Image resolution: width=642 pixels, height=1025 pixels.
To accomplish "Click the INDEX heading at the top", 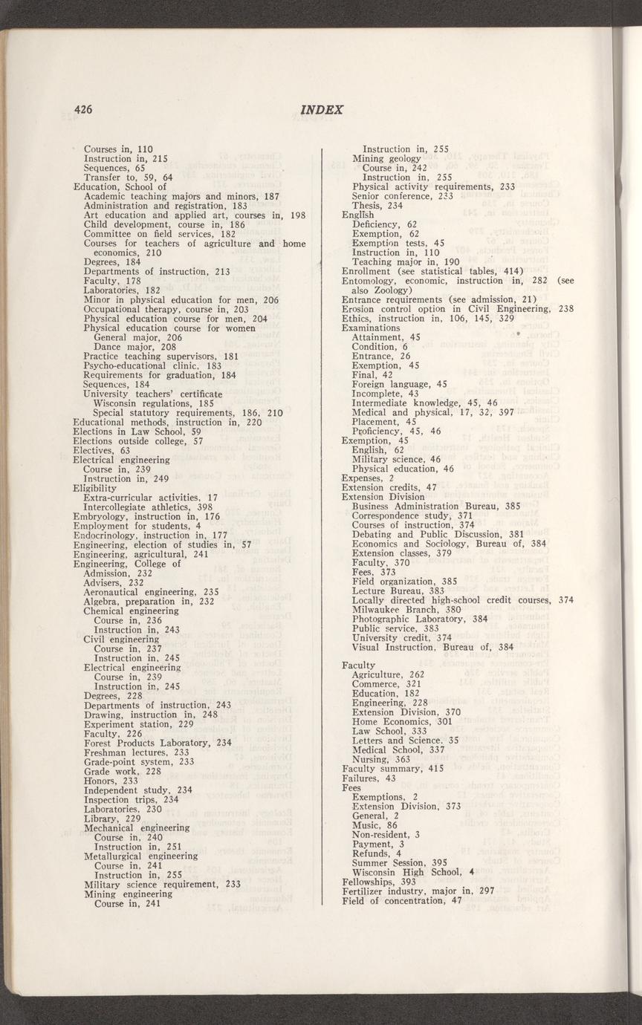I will pos(323,110).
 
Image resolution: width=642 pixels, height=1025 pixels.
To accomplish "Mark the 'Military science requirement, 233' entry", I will pos(162,884).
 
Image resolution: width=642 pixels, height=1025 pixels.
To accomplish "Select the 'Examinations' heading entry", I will pos(371,328).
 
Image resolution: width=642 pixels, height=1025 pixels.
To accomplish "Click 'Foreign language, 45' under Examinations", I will pos(399,384).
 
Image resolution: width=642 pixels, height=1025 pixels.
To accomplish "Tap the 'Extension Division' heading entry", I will pos(383,497).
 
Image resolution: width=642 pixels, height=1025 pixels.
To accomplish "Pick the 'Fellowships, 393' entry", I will pos(379,882).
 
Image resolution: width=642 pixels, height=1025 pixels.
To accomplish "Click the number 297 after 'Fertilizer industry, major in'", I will pos(487,891).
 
